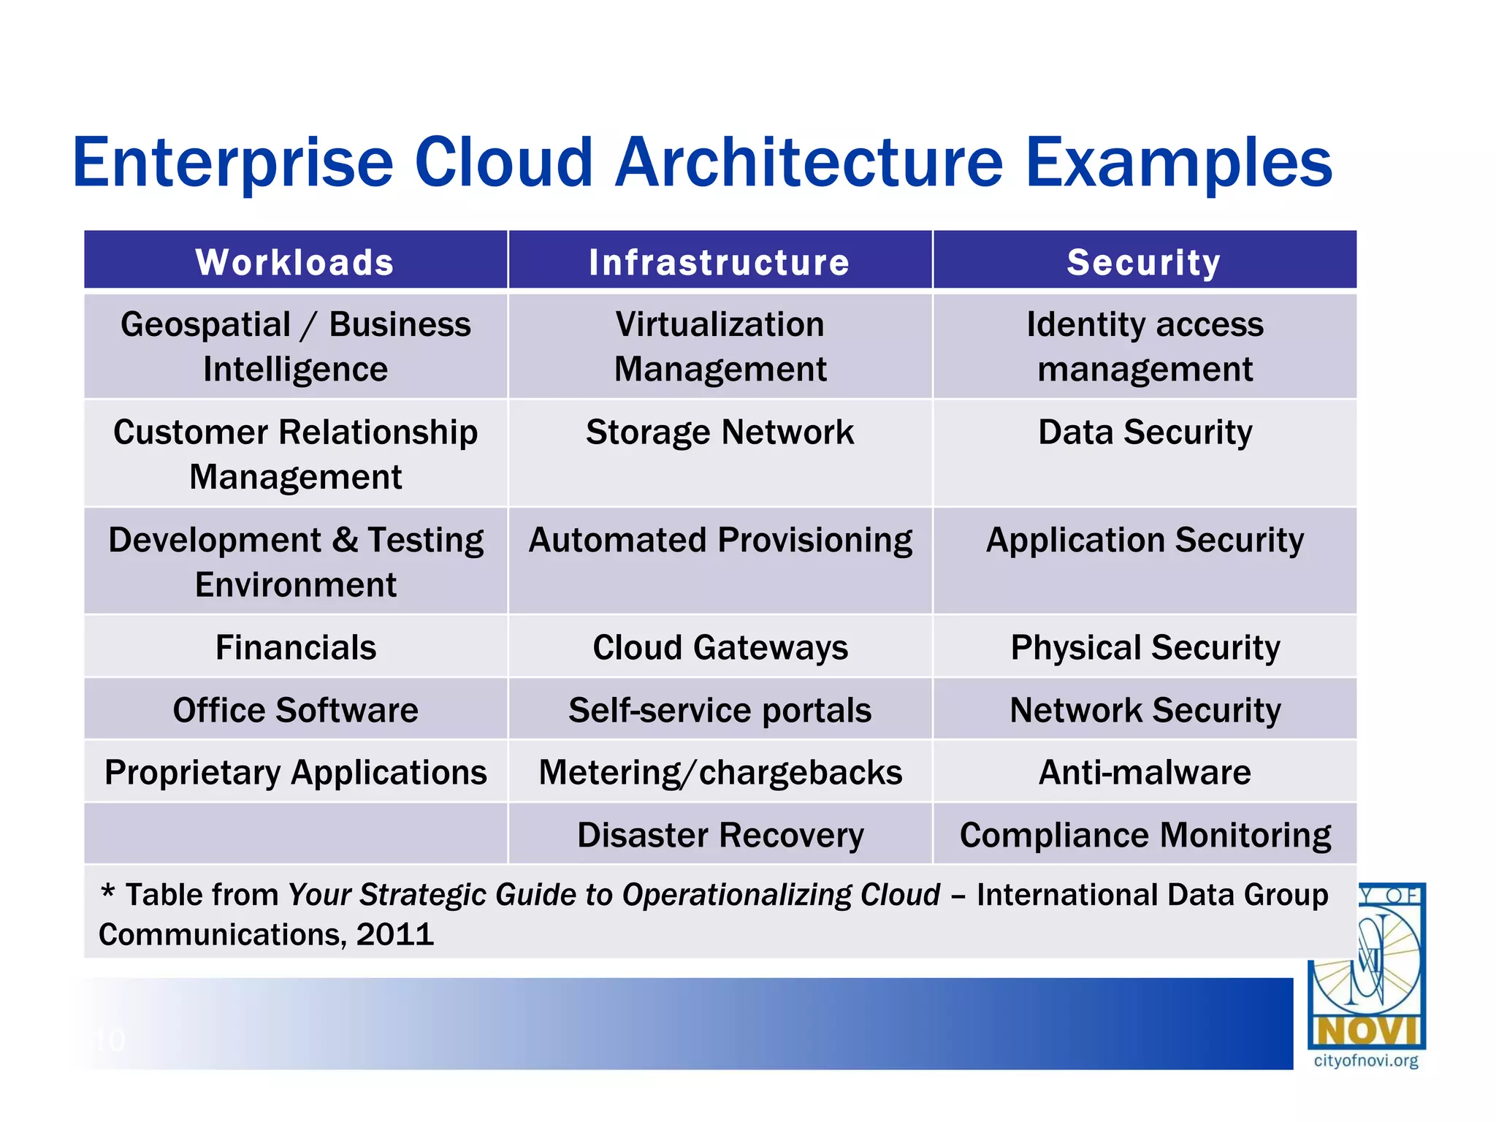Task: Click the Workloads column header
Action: click(x=295, y=262)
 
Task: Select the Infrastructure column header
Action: click(x=720, y=262)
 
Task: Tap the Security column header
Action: click(x=1144, y=262)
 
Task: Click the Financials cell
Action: click(x=295, y=647)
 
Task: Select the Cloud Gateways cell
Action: click(x=720, y=647)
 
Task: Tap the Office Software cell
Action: click(x=295, y=710)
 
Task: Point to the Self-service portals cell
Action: click(x=720, y=710)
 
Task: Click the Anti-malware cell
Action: click(x=1145, y=772)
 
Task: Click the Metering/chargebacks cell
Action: click(x=720, y=772)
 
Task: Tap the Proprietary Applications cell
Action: click(x=295, y=772)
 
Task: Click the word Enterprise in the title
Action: click(x=232, y=162)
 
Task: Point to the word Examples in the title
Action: click(x=1178, y=162)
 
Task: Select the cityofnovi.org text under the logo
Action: click(x=1365, y=1061)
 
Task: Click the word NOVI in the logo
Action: click(x=1365, y=1031)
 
